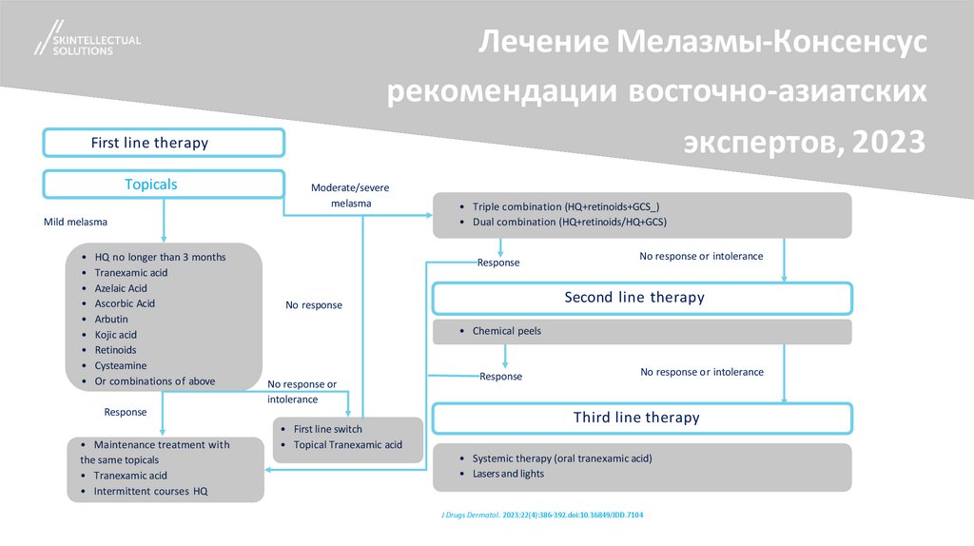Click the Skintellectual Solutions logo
(86, 41)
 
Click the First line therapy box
(163, 143)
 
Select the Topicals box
(163, 185)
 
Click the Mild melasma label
(75, 222)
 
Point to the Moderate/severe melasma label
(350, 195)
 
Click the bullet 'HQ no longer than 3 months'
(160, 258)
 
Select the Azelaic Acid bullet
(121, 288)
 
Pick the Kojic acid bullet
(115, 335)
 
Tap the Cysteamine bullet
(120, 365)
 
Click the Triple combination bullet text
(565, 206)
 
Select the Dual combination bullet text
(569, 222)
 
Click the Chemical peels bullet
(506, 331)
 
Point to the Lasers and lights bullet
(509, 473)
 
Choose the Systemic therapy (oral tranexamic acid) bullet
(561, 458)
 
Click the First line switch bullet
(328, 429)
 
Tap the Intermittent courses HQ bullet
(150, 491)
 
